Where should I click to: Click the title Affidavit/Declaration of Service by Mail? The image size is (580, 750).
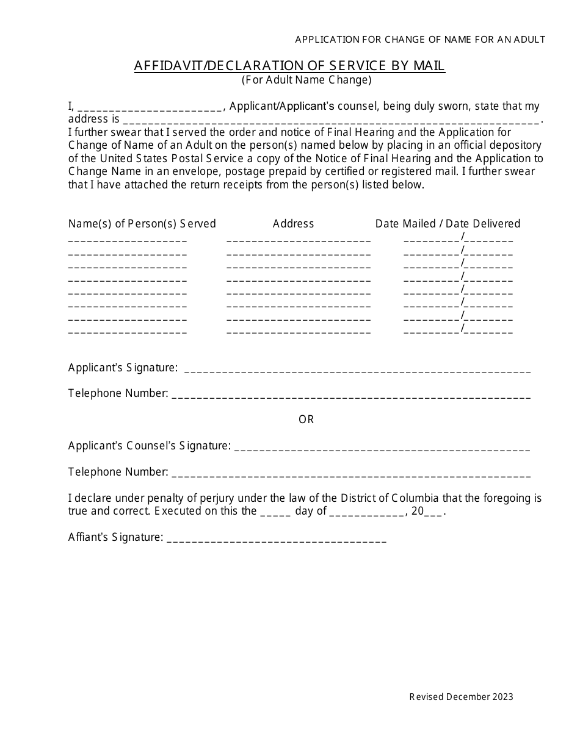tap(289, 66)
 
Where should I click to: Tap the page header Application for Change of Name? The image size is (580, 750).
tap(420, 40)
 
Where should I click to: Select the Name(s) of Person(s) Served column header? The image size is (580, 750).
tap(142, 224)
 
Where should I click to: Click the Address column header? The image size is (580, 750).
tap(293, 224)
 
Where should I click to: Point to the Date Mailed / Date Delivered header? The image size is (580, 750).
tap(448, 224)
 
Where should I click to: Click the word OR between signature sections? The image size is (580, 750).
tap(306, 420)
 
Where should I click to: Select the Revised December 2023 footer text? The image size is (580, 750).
tap(461, 697)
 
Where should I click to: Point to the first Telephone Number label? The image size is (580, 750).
tap(118, 393)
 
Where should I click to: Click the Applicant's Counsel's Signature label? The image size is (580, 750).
tap(150, 446)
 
